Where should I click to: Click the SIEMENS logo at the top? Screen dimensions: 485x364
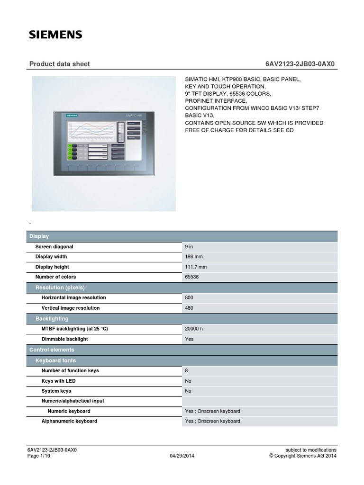coord(56,35)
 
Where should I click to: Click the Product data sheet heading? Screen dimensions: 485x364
coord(59,64)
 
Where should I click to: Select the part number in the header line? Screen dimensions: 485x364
coord(301,64)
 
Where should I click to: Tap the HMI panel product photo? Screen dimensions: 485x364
coord(104,144)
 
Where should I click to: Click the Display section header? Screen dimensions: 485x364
coord(39,236)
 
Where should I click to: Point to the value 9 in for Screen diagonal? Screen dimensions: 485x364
coord(189,247)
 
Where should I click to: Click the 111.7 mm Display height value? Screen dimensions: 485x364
coord(196,267)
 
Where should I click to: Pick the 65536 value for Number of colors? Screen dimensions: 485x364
coord(192,277)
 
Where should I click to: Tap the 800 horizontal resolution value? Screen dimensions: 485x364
coord(189,298)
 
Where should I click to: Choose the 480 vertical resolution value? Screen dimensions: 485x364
coord(189,308)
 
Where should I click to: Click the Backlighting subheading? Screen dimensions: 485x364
coord(52,319)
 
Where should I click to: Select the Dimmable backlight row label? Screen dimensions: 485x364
coord(65,339)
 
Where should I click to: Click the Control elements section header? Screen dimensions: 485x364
coord(52,350)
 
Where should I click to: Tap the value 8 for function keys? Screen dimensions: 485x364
coord(187,370)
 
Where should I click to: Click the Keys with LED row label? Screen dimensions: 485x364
coord(58,381)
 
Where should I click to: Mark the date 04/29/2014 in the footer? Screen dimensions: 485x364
coord(182,456)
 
